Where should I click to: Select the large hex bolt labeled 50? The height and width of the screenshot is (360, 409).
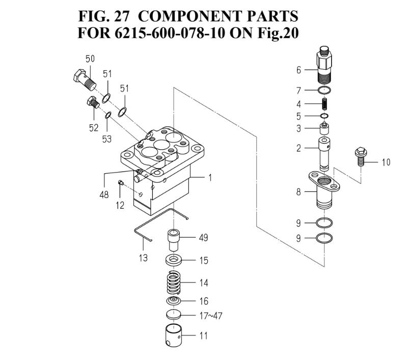[83, 78]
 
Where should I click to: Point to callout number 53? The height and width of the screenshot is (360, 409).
[106, 139]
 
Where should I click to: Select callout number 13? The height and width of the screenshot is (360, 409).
[143, 258]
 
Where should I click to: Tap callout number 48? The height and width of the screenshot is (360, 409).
[104, 195]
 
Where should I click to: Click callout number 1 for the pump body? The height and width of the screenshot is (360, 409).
[209, 178]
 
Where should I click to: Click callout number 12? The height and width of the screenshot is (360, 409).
[120, 205]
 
